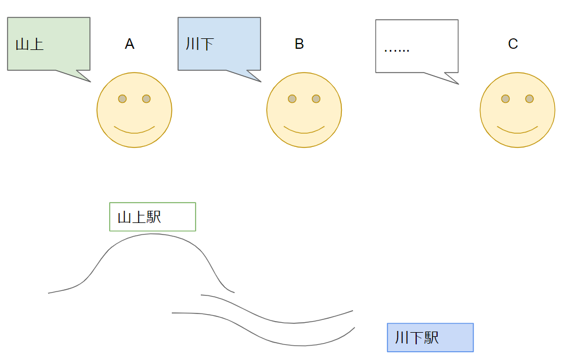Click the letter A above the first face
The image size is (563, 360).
tap(129, 44)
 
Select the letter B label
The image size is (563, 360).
tap(299, 44)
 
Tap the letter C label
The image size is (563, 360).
tap(513, 44)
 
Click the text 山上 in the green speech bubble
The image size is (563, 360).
tap(30, 44)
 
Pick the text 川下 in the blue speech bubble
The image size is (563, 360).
tap(200, 44)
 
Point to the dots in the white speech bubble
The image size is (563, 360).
tap(397, 49)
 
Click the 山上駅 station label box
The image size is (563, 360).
tap(153, 217)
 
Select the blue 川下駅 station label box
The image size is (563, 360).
tap(430, 337)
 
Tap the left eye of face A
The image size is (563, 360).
tap(122, 99)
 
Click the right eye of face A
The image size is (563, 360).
tap(146, 99)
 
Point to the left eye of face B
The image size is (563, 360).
tap(293, 99)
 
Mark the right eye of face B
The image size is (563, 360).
tap(316, 99)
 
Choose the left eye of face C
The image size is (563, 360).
tap(506, 99)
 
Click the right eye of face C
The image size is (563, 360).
tap(529, 99)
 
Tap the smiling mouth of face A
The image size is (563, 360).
tap(134, 131)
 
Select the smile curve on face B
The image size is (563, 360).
tap(304, 131)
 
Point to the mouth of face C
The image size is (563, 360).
tap(517, 131)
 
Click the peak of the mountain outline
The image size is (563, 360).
tap(153, 234)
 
